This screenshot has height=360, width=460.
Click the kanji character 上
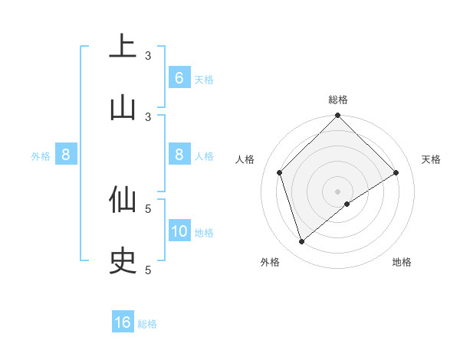[x=123, y=47]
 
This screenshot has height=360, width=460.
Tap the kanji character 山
[x=123, y=107]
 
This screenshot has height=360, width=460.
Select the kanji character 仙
[x=123, y=199]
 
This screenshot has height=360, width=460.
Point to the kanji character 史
[x=123, y=260]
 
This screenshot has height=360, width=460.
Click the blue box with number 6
[x=179, y=78]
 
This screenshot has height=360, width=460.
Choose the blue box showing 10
[x=179, y=231]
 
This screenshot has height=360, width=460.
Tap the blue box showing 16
[x=123, y=322]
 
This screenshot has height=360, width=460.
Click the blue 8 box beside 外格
[x=66, y=155]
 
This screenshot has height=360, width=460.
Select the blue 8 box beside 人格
[x=179, y=155]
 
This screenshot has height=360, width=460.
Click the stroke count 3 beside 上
[x=148, y=55]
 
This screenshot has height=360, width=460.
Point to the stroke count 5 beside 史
[x=148, y=270]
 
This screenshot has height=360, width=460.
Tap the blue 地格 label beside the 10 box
[x=204, y=232]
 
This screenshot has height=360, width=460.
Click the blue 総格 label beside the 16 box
[x=147, y=323]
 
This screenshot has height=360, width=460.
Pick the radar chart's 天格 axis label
[x=431, y=159]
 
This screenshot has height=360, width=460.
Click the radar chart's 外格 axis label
[x=270, y=263]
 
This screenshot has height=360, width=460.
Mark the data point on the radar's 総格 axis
[x=337, y=116]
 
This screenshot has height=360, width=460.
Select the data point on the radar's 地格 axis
[x=347, y=204]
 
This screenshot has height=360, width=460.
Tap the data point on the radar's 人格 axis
[x=280, y=172]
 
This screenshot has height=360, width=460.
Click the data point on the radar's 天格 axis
[x=396, y=172]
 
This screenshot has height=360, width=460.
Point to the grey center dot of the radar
[x=337, y=191]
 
